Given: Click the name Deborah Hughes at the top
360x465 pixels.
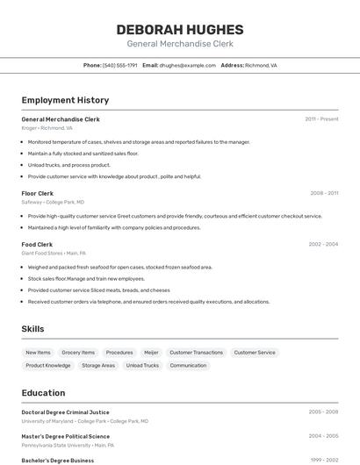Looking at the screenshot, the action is click(180, 30).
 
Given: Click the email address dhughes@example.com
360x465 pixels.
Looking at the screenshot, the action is click(187, 65).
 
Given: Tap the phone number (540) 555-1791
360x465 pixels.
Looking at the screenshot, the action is click(120, 65).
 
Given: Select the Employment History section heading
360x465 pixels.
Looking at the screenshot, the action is click(65, 100).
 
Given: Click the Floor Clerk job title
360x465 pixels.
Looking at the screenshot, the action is click(37, 193).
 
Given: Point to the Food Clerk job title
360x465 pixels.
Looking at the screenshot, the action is click(37, 245).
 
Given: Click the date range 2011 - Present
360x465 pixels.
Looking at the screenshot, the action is click(321, 118).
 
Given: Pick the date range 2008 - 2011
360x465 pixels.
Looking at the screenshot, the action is click(324, 193).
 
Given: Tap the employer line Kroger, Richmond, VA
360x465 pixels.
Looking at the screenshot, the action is click(47, 128).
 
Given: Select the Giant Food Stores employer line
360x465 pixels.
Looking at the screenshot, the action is click(54, 254).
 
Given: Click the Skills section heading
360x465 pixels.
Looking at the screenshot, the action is click(32, 329).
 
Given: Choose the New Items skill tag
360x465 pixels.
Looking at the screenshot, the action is click(38, 353).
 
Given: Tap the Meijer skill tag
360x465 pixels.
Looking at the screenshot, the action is click(151, 353).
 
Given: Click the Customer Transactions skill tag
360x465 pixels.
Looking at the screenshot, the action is click(196, 353).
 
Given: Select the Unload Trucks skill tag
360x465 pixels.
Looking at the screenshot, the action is click(142, 365).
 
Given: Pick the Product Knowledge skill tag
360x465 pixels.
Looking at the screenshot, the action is click(48, 365).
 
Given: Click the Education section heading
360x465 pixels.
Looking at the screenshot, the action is click(43, 393).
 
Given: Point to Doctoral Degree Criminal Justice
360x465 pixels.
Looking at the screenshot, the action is click(65, 411).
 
